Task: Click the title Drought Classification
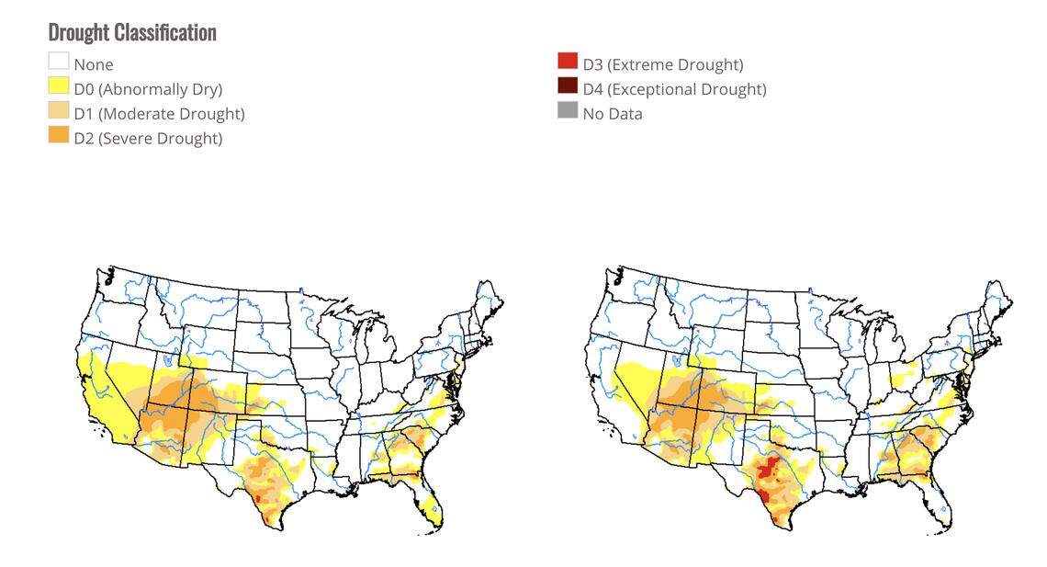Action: click(x=132, y=32)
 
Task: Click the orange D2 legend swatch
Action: click(x=59, y=136)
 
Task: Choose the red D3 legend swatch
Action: click(x=568, y=62)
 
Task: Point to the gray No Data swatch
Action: click(x=568, y=111)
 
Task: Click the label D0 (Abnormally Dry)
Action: click(x=148, y=89)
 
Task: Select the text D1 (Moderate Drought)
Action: click(x=159, y=114)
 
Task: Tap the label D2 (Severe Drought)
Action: click(x=148, y=139)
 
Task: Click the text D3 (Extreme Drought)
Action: click(x=663, y=64)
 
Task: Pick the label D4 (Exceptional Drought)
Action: click(x=674, y=89)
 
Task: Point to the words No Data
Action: click(x=613, y=114)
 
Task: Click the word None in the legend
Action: click(x=94, y=64)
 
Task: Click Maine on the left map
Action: click(x=488, y=303)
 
